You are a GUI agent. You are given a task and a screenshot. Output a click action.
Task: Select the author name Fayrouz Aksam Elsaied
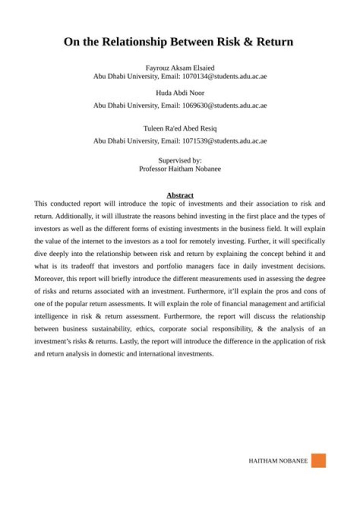(180, 67)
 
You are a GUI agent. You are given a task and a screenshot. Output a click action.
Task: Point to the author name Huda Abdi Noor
(180, 93)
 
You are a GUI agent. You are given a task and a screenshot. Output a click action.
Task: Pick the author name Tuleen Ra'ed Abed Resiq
(180, 128)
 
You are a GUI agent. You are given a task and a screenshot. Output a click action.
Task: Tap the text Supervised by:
(180, 160)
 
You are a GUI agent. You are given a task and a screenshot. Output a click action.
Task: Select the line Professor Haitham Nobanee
(180, 169)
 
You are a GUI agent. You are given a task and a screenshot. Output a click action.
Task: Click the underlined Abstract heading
(180, 195)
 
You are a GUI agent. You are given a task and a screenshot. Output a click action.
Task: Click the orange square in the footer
(318, 460)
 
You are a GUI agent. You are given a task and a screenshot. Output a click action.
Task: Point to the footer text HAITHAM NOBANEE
(278, 461)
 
